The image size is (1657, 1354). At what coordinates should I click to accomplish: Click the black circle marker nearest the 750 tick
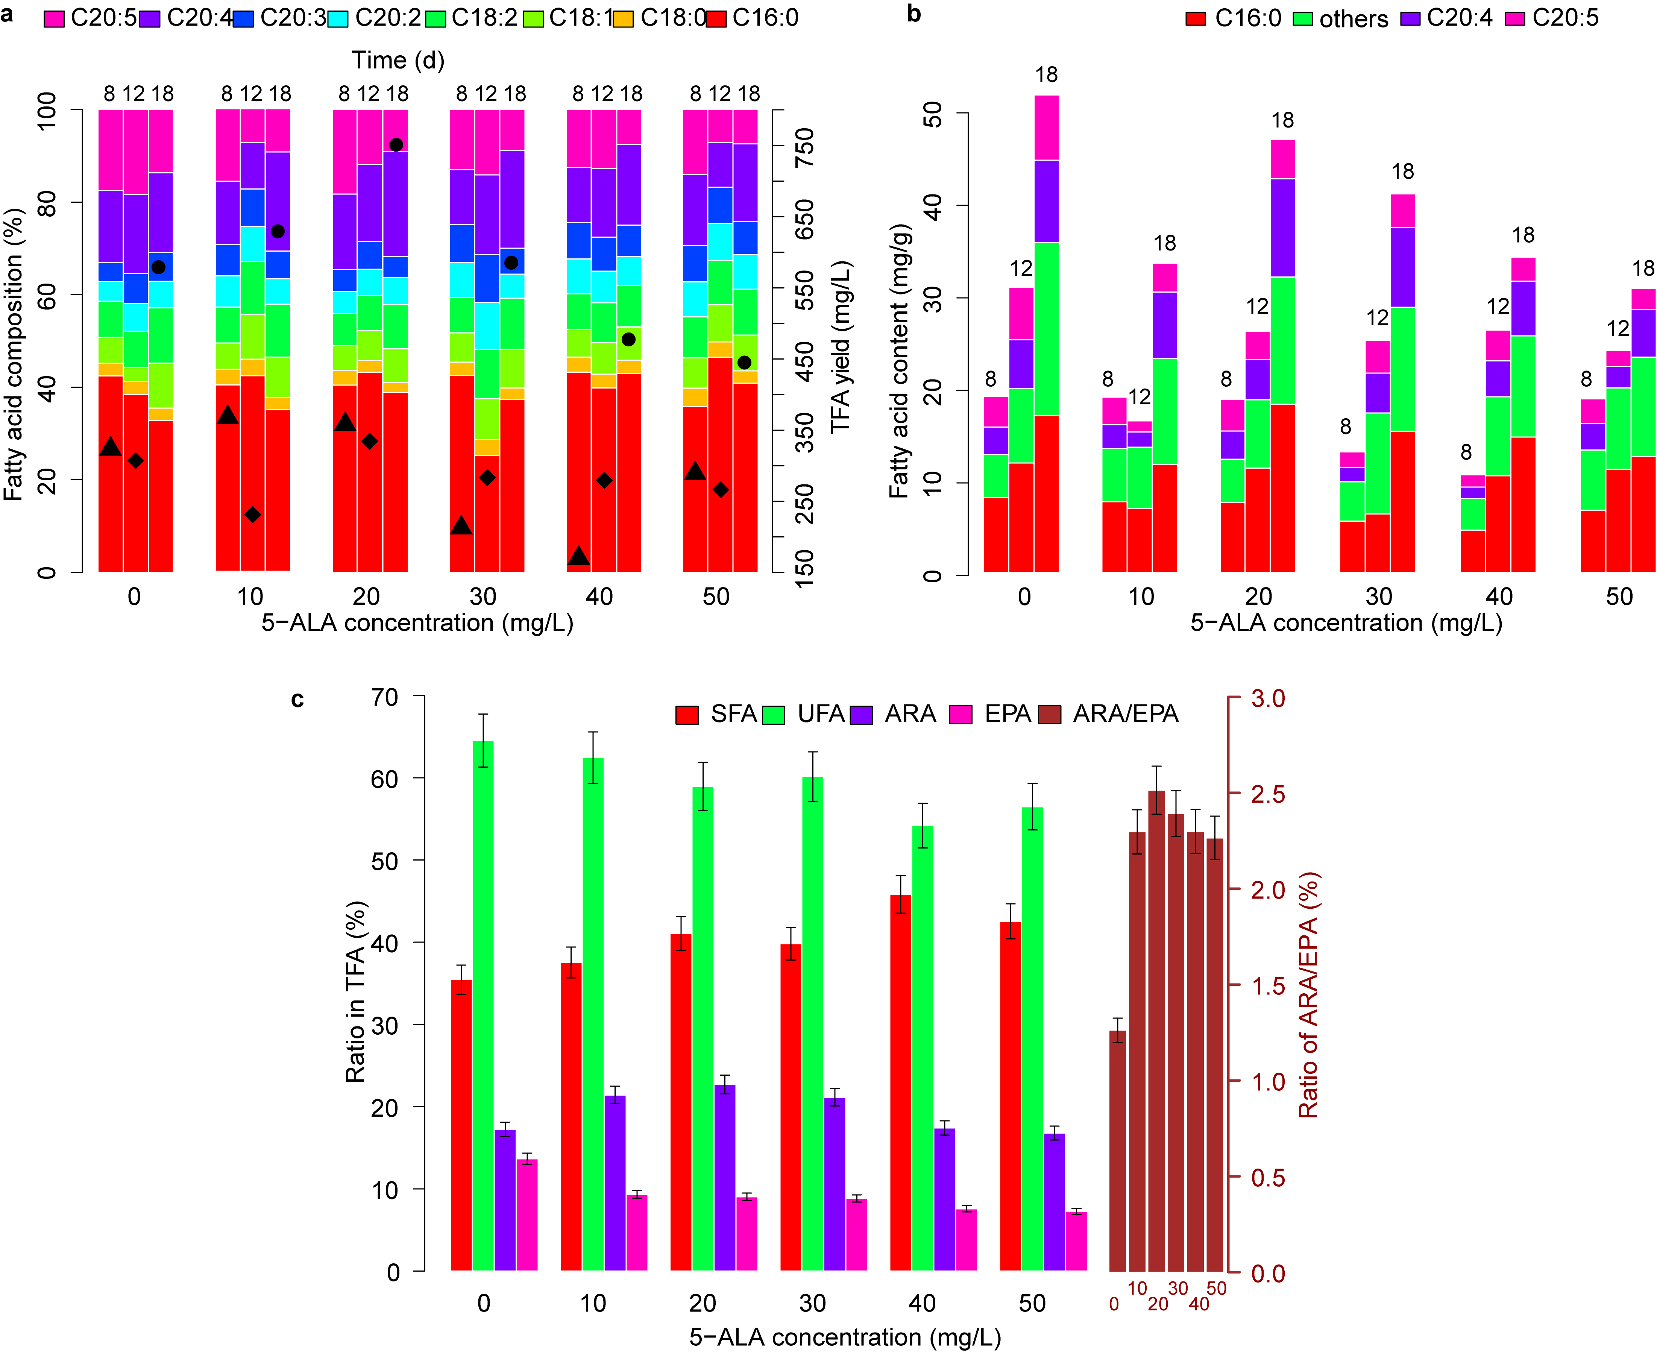coord(396,145)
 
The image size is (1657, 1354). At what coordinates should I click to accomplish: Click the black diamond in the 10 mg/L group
coord(252,515)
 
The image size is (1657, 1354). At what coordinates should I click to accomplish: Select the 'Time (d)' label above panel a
coord(398,60)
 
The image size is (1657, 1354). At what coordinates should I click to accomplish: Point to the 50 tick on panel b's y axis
coord(933,115)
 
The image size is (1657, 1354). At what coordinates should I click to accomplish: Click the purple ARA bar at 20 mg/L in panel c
coord(725,1178)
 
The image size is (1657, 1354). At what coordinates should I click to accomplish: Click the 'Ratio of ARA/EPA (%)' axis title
coord(1308,994)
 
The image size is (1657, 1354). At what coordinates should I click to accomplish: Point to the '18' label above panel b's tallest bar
coord(1047,75)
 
